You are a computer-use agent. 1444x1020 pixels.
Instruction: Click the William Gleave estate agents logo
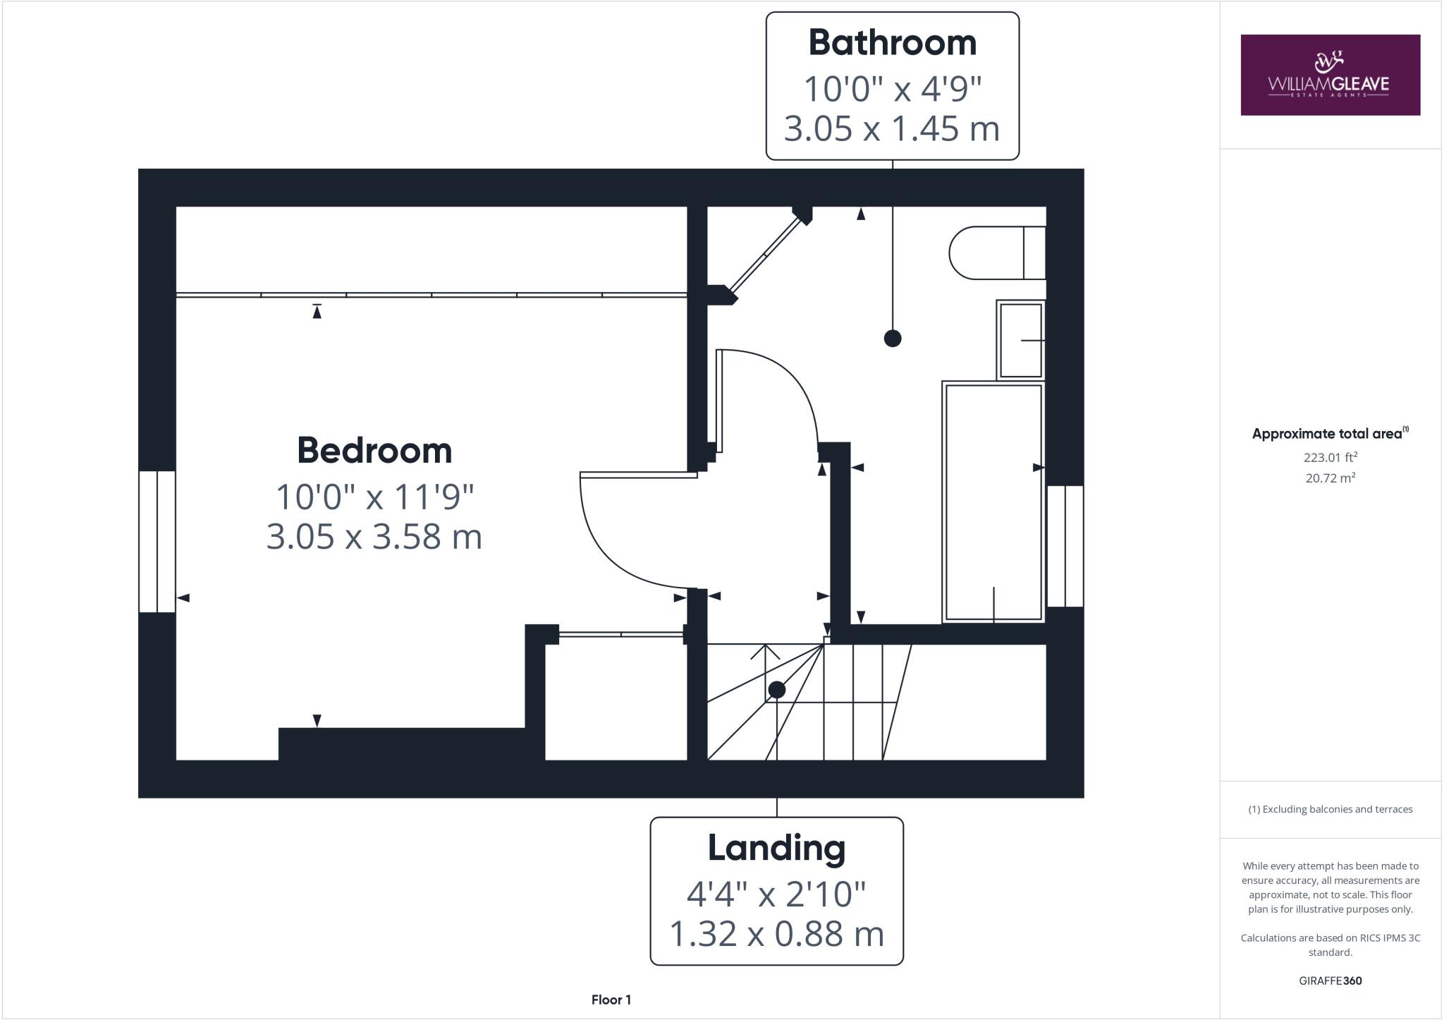click(1330, 75)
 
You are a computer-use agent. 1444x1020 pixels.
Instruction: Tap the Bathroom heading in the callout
click(892, 43)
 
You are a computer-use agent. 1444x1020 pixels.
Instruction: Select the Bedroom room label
click(374, 450)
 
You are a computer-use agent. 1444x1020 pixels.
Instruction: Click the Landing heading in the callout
click(776, 848)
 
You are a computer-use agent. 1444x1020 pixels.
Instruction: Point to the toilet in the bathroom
click(996, 253)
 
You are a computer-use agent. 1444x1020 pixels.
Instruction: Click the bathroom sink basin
click(1020, 340)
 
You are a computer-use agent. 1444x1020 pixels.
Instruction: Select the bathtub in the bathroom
click(993, 502)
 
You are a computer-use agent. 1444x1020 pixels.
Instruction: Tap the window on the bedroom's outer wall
click(157, 541)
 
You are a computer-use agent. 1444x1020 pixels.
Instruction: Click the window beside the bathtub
click(1065, 546)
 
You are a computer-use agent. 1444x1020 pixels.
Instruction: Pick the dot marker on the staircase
click(776, 689)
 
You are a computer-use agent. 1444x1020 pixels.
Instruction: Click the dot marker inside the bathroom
click(893, 339)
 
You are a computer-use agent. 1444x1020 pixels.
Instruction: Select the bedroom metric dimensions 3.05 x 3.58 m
click(374, 537)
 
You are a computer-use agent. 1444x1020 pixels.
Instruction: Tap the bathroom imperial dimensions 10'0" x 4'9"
click(892, 89)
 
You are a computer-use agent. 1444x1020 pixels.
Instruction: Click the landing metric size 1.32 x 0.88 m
click(776, 934)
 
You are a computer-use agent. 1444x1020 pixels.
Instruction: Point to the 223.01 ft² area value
click(1330, 457)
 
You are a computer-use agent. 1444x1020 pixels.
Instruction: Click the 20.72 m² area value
click(1330, 478)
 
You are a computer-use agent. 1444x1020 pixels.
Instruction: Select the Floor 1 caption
click(611, 1000)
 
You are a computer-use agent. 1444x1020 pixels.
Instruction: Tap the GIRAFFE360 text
click(1330, 980)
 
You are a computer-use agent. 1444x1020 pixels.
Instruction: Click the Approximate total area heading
click(1330, 434)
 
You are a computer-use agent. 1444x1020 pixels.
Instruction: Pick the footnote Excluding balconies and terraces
click(1330, 809)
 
